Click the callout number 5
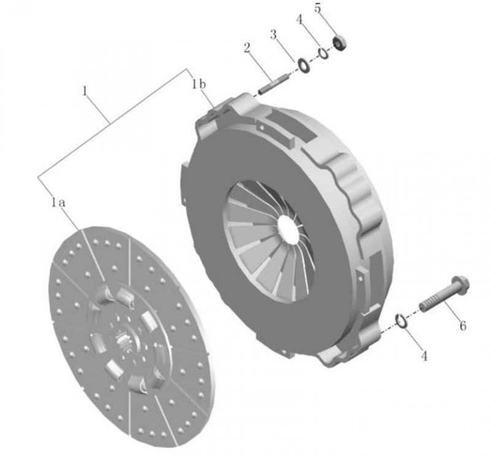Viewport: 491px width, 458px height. (x=317, y=9)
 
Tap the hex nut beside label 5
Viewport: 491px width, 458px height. (x=340, y=44)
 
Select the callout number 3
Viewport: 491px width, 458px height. (x=273, y=34)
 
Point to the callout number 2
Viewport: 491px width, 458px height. (x=247, y=49)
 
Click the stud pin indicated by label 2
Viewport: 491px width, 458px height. (x=273, y=83)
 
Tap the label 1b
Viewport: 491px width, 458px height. (x=198, y=84)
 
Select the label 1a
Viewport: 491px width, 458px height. (x=58, y=203)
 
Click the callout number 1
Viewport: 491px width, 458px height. (x=84, y=91)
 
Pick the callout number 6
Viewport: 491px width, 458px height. (x=463, y=326)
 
